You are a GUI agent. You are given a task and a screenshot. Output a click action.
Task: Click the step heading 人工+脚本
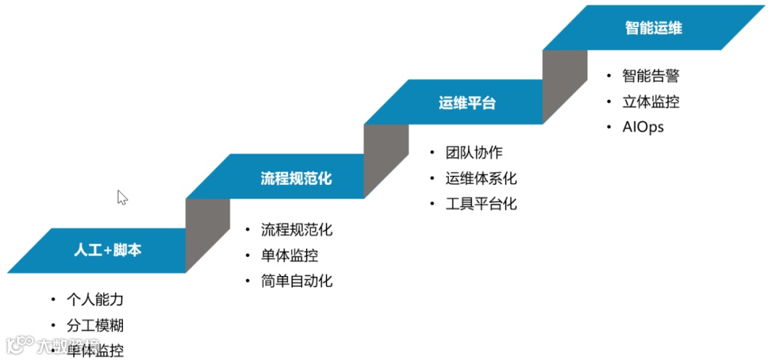coord(107,250)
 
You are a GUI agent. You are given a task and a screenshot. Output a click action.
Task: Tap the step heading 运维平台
coord(466,102)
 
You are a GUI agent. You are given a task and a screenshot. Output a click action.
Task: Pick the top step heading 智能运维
coord(654,28)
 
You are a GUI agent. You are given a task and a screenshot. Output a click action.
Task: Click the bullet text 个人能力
coord(95,300)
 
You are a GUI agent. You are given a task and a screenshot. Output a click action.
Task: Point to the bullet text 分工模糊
coord(95,325)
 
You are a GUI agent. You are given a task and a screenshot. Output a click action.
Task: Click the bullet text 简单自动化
coord(296,280)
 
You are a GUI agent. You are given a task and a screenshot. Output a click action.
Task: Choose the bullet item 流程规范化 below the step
coord(296,229)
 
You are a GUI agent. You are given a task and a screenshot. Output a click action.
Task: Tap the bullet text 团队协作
coord(474,152)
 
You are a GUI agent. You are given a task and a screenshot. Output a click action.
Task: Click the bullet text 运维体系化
coord(481,178)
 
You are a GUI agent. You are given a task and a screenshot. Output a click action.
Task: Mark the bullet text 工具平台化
coord(481,203)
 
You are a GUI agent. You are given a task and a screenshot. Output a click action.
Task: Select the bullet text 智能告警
coord(651,75)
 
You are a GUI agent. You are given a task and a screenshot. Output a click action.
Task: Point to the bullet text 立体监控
coord(651,101)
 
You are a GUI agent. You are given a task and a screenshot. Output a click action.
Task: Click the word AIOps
coord(643,127)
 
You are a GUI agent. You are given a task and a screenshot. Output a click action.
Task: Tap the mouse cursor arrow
coord(122,196)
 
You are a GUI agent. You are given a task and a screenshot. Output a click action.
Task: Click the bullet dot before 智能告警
coord(609,75)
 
